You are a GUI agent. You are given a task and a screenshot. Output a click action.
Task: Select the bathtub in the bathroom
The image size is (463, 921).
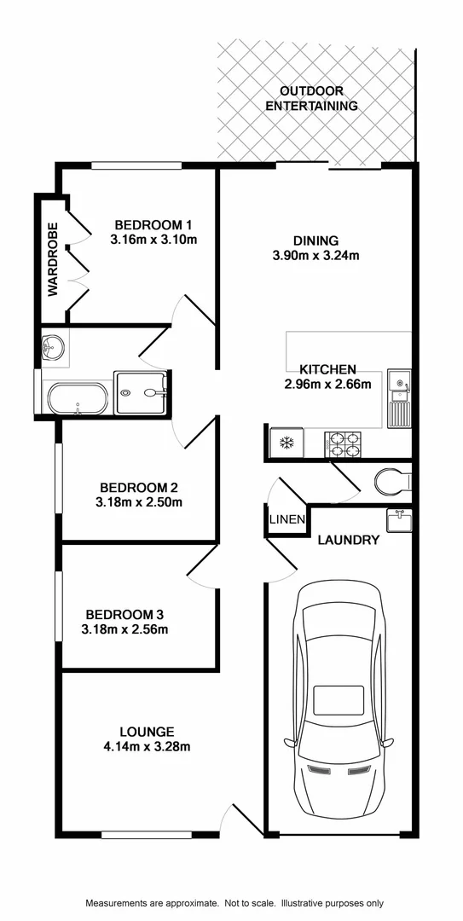point(78,398)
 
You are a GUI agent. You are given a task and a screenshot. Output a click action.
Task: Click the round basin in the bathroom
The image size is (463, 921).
point(52,347)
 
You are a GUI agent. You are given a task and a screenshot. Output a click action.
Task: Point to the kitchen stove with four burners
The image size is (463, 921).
point(343,444)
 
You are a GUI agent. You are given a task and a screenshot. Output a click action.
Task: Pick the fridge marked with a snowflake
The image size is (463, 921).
point(286,443)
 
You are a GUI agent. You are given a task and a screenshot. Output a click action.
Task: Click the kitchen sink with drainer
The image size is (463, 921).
point(398,398)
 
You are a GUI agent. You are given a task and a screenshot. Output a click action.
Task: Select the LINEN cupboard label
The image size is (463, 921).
point(284,519)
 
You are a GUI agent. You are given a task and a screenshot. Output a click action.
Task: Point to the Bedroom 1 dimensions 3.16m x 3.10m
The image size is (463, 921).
point(153,240)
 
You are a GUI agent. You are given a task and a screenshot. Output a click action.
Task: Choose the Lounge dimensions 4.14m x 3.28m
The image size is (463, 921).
point(148,747)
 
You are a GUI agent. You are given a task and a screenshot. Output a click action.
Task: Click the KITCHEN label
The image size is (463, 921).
point(327,369)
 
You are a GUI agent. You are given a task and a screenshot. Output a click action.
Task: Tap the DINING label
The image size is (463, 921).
point(316,240)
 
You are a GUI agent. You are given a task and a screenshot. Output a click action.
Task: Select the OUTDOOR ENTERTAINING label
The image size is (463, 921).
point(311,98)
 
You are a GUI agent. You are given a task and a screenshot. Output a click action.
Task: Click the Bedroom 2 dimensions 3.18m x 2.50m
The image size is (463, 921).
point(139,502)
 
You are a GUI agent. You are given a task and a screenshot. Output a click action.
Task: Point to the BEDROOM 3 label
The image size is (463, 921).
point(124,615)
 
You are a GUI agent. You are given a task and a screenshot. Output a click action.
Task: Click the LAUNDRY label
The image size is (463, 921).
point(348,540)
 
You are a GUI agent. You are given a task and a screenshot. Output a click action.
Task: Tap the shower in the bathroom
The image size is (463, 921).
point(142,392)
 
